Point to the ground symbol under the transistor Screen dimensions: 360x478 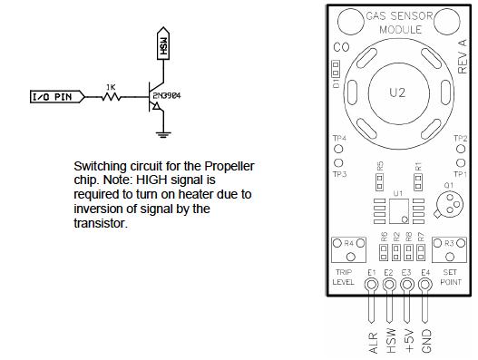click(x=161, y=136)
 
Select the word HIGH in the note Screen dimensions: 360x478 click(x=157, y=181)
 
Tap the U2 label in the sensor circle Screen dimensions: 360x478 click(x=396, y=92)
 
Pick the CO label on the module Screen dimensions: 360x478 click(x=342, y=46)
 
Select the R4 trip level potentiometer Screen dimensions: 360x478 click(x=341, y=246)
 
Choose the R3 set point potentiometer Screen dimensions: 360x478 click(x=451, y=245)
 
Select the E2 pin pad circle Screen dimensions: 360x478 click(x=388, y=286)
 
